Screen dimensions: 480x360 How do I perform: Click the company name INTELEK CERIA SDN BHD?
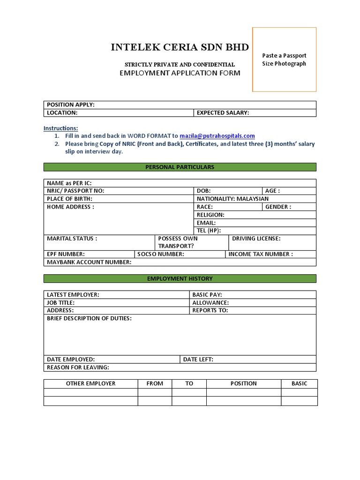180,47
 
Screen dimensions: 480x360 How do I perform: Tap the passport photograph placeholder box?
284,60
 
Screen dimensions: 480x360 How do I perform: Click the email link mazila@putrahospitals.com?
217,136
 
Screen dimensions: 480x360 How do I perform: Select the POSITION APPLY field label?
71,105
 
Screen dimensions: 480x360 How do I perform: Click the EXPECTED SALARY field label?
223,112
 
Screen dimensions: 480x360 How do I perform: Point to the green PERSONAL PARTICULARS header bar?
180,167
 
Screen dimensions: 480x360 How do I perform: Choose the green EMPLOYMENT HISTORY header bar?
180,278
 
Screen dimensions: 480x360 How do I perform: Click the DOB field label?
203,191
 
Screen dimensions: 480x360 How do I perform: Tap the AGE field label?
272,191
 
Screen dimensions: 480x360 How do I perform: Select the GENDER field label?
278,207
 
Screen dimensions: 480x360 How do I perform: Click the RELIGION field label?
210,215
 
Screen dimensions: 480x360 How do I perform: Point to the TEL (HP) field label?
209,231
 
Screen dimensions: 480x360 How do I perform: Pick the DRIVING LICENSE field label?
256,239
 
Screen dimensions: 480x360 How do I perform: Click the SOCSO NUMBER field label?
161,254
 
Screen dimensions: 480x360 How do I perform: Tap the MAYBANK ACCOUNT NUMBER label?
89,262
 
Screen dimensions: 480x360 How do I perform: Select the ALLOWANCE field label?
210,303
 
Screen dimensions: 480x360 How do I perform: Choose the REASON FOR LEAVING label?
78,367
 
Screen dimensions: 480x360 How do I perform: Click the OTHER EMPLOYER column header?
90,383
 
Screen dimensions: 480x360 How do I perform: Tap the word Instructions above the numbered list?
61,128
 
